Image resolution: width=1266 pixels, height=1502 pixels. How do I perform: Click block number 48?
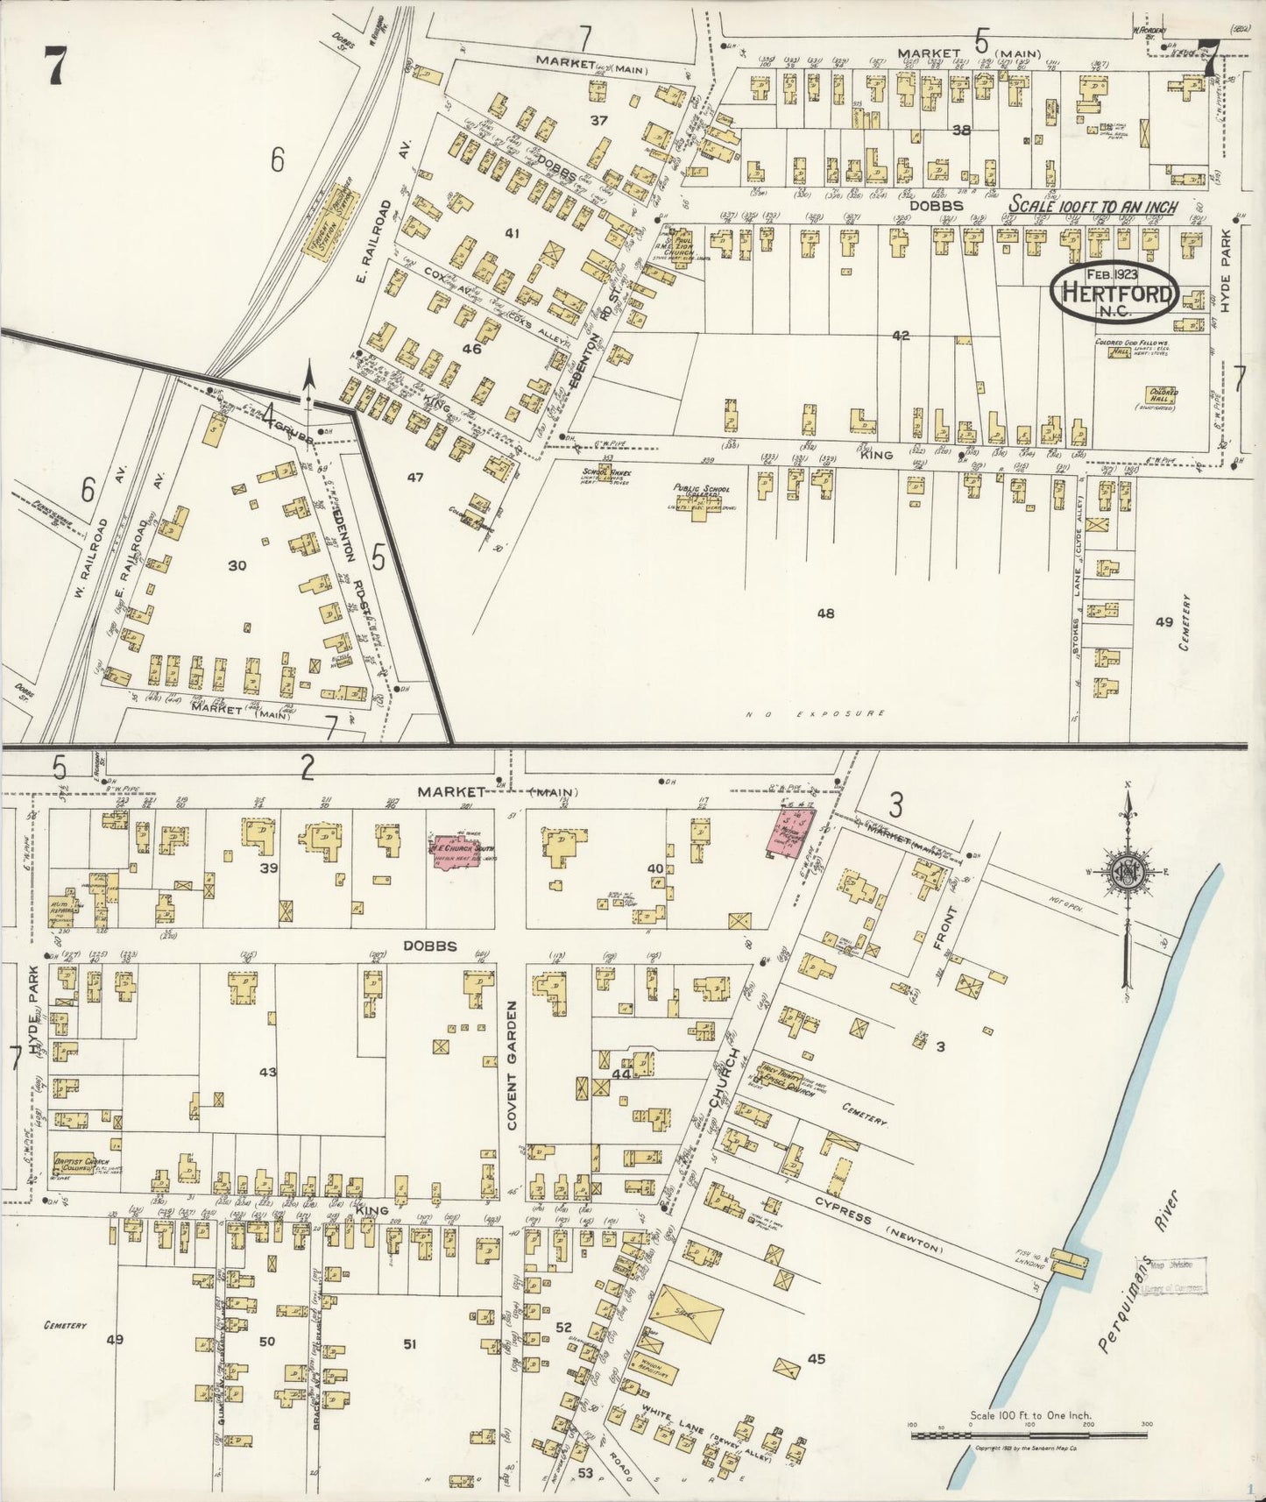[x=824, y=613]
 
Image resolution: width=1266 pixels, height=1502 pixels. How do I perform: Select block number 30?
[x=237, y=566]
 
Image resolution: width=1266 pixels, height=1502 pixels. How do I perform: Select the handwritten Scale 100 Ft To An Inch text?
[x=1093, y=206]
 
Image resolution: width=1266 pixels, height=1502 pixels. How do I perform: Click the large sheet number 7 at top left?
[x=55, y=63]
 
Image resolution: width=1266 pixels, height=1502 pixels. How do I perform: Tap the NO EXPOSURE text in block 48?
[x=816, y=714]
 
